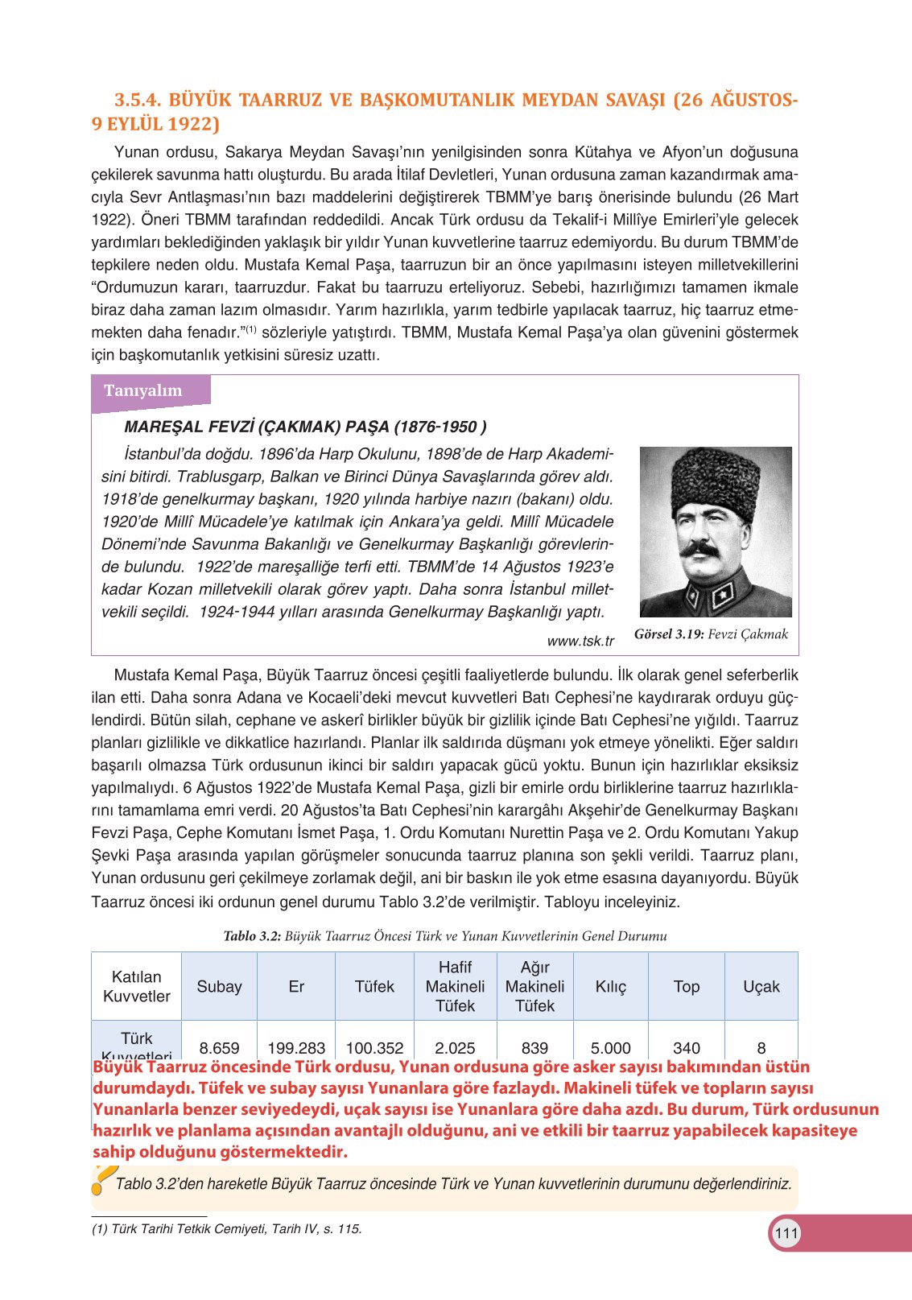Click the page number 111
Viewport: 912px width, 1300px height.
786,1233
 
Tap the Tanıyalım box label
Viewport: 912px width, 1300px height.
143,390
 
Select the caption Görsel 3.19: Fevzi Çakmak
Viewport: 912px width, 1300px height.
711,634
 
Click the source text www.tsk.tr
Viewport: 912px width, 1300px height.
580,641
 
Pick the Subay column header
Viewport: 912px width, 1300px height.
219,987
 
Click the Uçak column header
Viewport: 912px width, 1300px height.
761,987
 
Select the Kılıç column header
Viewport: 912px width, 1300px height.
610,987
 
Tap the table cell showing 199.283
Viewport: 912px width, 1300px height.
296,1048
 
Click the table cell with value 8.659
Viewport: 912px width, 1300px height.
219,1048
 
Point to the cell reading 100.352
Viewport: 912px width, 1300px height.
374,1048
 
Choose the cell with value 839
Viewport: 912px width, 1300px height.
534,1048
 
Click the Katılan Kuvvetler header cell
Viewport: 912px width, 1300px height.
137,987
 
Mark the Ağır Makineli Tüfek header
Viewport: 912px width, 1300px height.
534,987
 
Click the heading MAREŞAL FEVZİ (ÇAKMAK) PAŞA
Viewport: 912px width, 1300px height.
305,427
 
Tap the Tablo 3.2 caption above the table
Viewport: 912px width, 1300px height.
444,936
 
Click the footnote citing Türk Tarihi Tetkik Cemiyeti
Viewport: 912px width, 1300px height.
227,1229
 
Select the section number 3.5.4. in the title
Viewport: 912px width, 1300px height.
138,101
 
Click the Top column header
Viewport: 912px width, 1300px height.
686,987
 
